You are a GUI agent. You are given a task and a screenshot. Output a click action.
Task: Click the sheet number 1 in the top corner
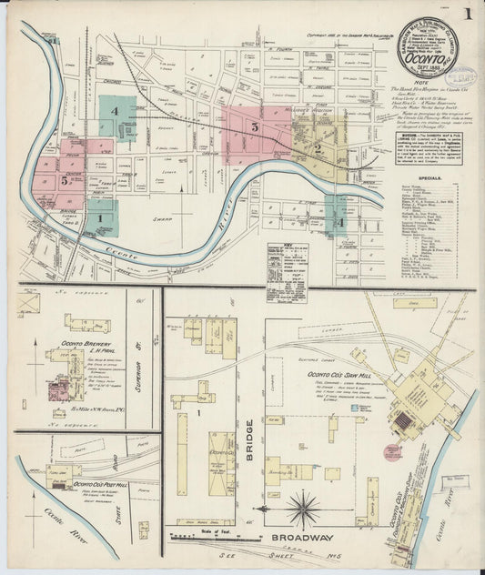[465, 15]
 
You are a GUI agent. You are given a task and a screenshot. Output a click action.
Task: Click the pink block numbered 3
[256, 128]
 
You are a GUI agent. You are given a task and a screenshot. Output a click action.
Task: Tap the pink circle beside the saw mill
[391, 451]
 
